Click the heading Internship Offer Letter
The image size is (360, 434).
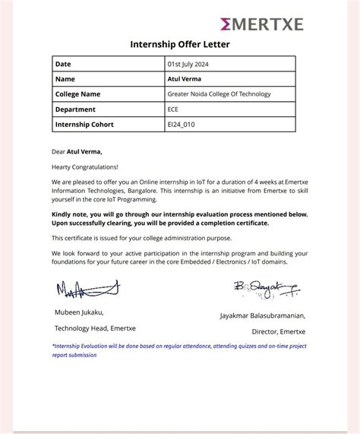click(x=180, y=45)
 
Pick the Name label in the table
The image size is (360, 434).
click(x=65, y=78)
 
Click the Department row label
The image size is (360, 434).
click(x=76, y=109)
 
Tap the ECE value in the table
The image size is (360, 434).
click(x=174, y=109)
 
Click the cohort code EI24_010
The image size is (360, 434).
click(x=181, y=125)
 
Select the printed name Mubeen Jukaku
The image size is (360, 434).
click(x=79, y=312)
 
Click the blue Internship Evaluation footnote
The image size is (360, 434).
click(x=179, y=350)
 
